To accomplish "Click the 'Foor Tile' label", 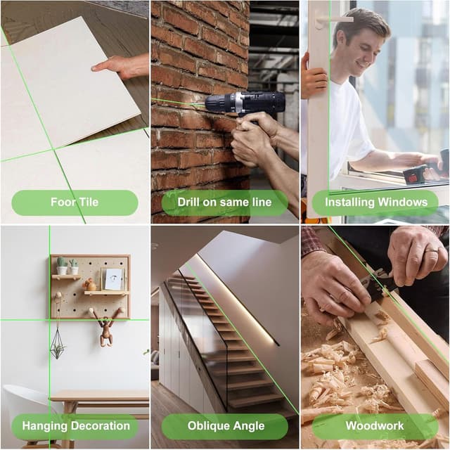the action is pos(75,202).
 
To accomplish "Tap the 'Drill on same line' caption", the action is pos(224,202).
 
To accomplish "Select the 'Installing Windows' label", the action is pos(376,202).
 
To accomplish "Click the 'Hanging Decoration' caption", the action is pos(76,426).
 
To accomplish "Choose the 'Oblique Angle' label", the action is pos(226,426).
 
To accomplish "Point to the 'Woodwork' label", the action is pos(375,425).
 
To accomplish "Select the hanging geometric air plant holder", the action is pos(58,345).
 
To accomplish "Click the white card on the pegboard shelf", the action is pos(112,279).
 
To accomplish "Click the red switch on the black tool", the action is pos(413,179).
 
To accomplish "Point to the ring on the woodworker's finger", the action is pos(432,250).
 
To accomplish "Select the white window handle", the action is pos(333,20).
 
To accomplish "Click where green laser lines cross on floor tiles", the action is pos(53,149).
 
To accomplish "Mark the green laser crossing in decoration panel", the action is pos(49,320).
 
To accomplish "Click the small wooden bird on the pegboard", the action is pos(90,285).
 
